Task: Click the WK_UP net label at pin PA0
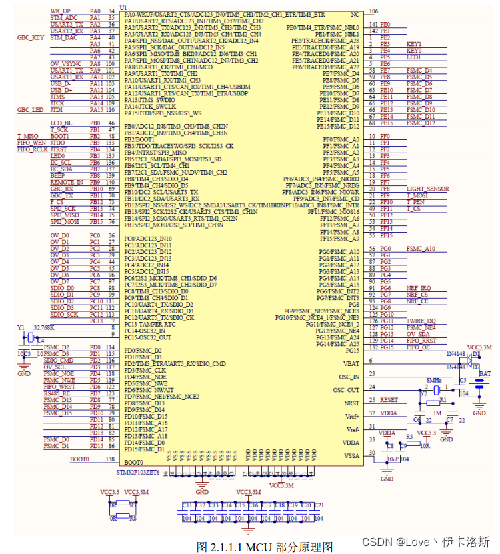(61, 11)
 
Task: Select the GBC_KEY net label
(31, 38)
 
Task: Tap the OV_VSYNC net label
(64, 63)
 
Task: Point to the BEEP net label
(58, 175)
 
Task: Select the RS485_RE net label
(57, 393)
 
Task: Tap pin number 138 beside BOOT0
(110, 459)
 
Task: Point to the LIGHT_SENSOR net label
(427, 189)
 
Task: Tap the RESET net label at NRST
(389, 399)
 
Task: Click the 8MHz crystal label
(433, 379)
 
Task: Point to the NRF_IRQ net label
(418, 287)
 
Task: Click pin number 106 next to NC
(373, 11)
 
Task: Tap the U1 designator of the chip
(123, 7)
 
